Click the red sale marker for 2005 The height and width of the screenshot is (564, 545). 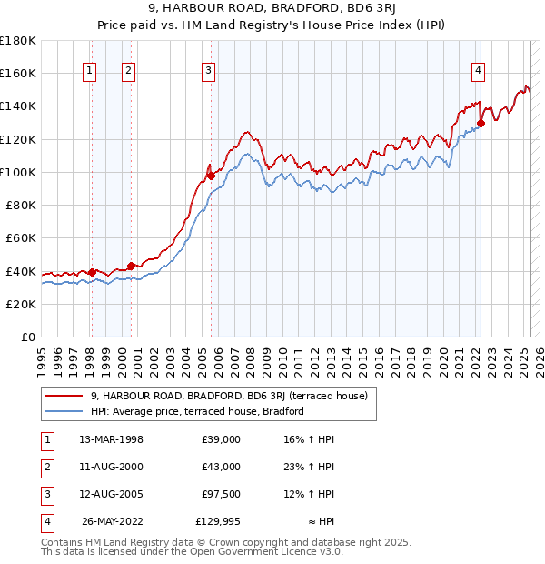click(x=210, y=176)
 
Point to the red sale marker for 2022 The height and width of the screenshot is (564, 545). click(x=481, y=124)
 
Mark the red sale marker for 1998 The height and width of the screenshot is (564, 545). click(x=92, y=272)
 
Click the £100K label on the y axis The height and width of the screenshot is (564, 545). click(x=18, y=172)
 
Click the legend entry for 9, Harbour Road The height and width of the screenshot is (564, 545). click(x=228, y=396)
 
